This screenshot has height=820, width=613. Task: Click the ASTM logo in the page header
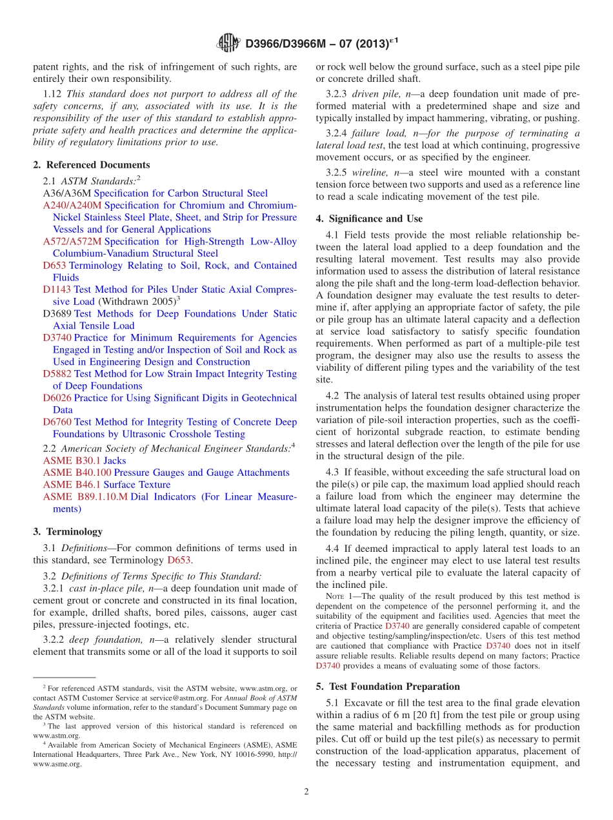[x=228, y=43]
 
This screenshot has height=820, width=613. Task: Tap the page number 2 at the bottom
[x=306, y=792]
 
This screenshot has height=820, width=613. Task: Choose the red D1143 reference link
[x=57, y=289]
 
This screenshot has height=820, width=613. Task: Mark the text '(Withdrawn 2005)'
[x=136, y=302]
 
